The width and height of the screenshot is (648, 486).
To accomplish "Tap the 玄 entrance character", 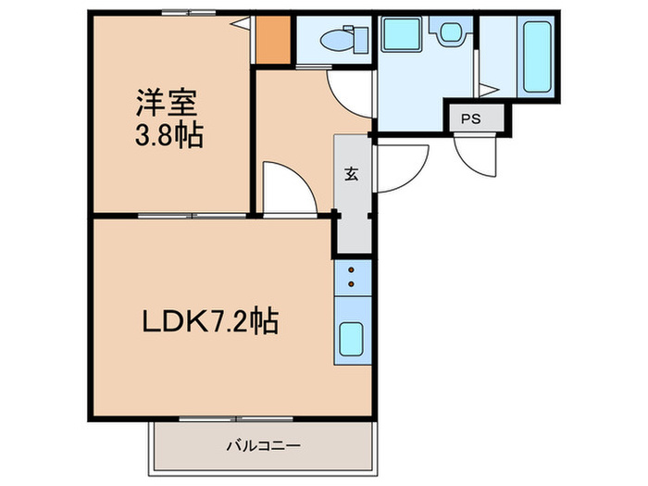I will click(353, 172).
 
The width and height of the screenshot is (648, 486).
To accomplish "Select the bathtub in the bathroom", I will click(538, 55).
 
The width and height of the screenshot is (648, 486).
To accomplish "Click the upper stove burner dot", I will click(352, 270).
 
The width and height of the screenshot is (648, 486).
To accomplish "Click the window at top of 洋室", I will click(188, 12).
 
